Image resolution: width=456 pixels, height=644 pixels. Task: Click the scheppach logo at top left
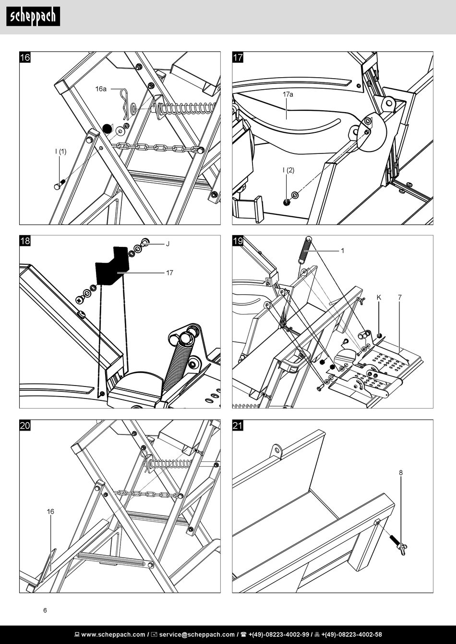(x=33, y=16)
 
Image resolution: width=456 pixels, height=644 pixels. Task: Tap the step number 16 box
(x=25, y=57)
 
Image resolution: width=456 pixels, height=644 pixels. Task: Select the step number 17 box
(x=238, y=57)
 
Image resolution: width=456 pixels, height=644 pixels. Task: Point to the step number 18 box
(x=25, y=241)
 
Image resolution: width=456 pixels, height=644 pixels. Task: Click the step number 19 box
(x=238, y=241)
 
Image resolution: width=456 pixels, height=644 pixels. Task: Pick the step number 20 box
(x=25, y=425)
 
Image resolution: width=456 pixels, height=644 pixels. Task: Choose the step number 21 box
(x=238, y=425)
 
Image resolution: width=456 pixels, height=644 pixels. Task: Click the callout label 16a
(x=101, y=89)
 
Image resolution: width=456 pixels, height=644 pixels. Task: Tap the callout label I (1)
(x=60, y=152)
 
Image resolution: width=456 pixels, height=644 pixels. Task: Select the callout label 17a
(x=288, y=94)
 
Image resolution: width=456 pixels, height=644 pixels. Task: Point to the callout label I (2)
(x=288, y=170)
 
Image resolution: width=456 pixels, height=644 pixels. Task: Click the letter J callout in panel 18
(x=168, y=244)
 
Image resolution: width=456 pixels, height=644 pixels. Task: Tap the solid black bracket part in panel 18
(x=112, y=265)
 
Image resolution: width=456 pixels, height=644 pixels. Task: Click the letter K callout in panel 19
(x=379, y=298)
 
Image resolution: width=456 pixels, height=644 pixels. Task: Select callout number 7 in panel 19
(x=400, y=298)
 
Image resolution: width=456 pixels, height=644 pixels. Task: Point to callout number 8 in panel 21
(x=401, y=473)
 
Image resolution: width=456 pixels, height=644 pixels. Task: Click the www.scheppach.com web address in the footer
(x=113, y=634)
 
